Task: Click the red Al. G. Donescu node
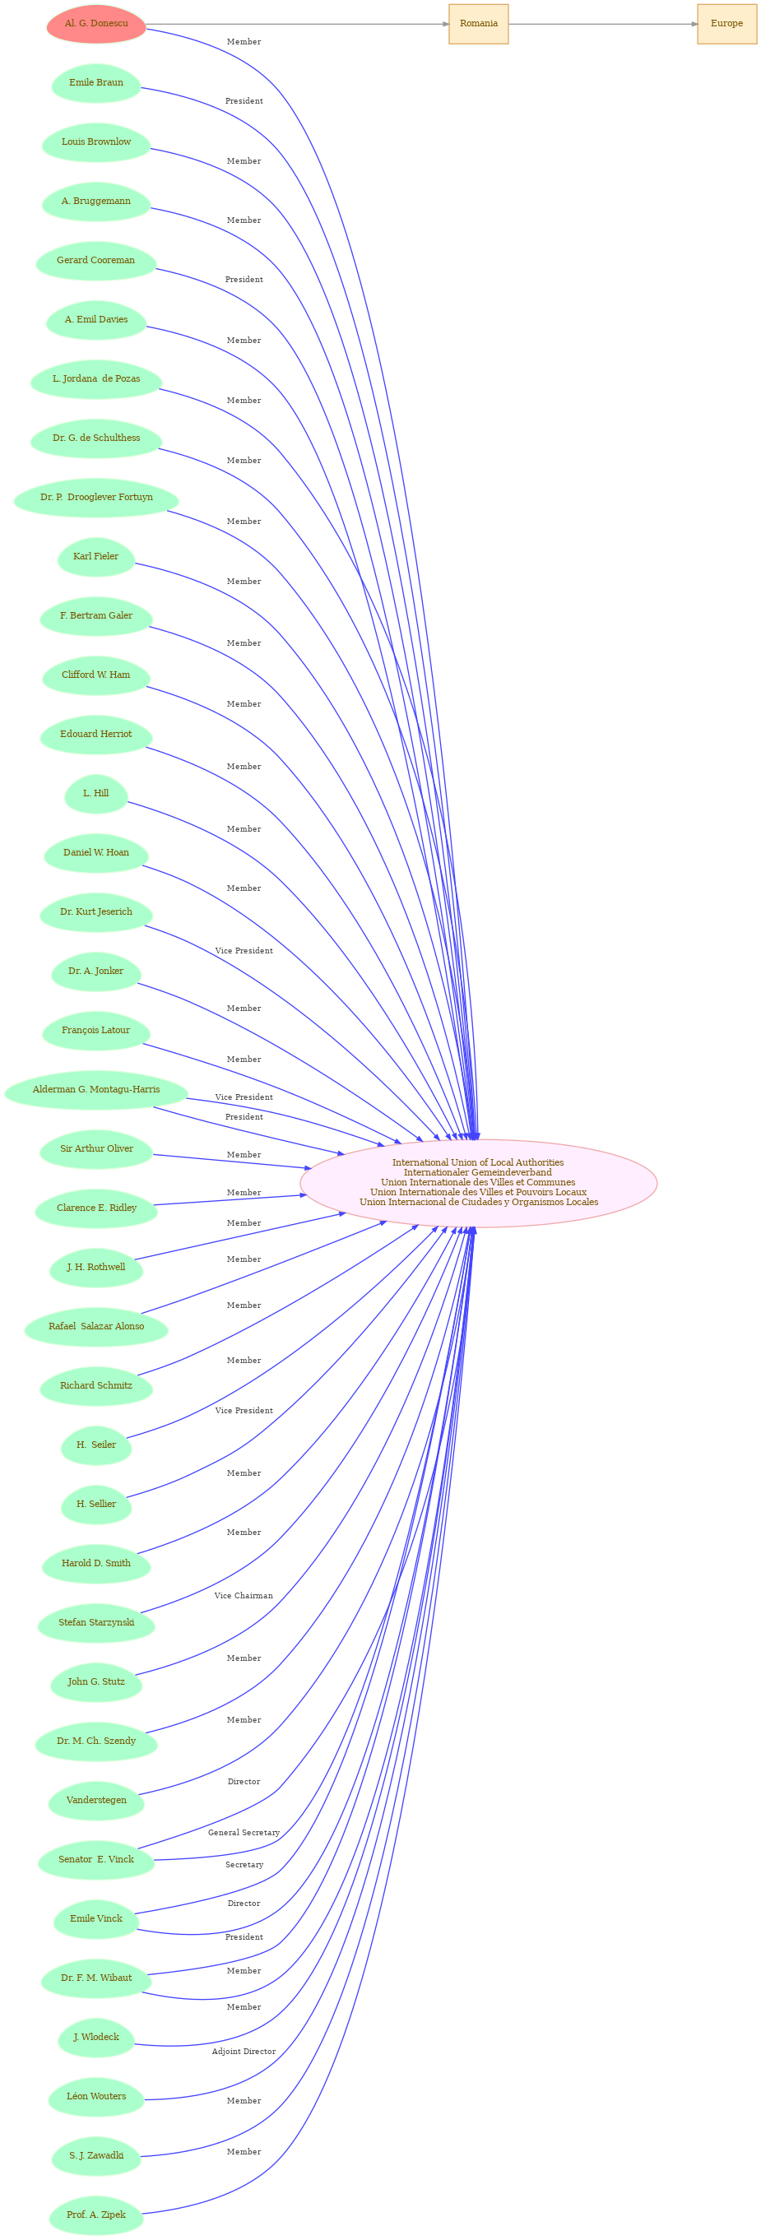(x=96, y=25)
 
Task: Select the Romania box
(x=478, y=25)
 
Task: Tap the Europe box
(x=726, y=25)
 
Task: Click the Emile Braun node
(x=96, y=83)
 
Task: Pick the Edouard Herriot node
(x=96, y=735)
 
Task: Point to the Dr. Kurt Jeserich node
(x=96, y=912)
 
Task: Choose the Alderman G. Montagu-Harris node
(x=96, y=1090)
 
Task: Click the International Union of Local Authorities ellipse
(x=478, y=1183)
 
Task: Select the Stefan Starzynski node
(x=96, y=1622)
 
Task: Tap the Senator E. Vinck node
(x=96, y=1859)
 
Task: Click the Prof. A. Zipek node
(x=96, y=2214)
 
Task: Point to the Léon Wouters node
(x=96, y=2096)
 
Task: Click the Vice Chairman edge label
(x=244, y=1596)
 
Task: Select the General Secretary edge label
(x=244, y=1832)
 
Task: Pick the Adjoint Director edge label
(x=244, y=2052)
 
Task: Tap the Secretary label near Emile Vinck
(x=244, y=1864)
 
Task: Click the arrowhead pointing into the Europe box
(x=694, y=25)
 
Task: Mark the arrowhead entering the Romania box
(x=444, y=25)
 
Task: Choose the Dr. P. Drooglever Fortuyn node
(x=96, y=498)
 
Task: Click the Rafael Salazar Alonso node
(x=96, y=1327)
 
